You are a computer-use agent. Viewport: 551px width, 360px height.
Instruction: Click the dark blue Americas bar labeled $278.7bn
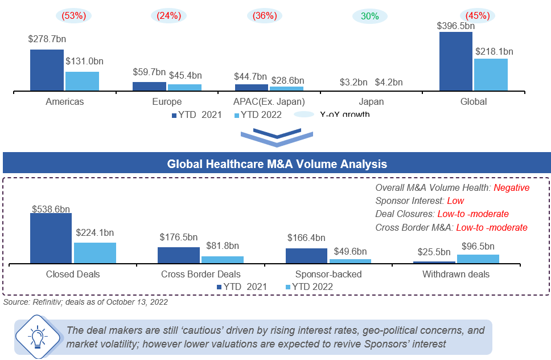(47, 70)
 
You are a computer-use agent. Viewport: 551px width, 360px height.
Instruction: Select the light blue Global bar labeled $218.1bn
(490, 75)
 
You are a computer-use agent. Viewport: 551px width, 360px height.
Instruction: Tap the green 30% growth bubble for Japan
(369, 16)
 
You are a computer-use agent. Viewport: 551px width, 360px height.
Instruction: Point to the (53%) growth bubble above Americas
(73, 16)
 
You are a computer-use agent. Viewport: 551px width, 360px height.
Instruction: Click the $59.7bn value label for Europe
(149, 73)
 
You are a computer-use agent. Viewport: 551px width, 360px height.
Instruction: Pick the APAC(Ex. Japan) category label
(270, 102)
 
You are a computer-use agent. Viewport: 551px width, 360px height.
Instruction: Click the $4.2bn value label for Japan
(389, 82)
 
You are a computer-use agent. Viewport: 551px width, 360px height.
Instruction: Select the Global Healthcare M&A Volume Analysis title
(277, 164)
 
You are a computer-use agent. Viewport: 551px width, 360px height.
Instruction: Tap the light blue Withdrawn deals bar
(478, 259)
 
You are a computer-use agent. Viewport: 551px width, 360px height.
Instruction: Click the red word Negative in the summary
(511, 188)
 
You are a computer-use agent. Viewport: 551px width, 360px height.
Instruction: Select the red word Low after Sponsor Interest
(455, 201)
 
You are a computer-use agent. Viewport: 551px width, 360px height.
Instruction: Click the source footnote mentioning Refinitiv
(85, 302)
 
